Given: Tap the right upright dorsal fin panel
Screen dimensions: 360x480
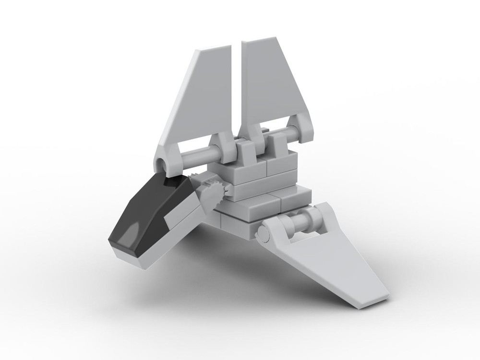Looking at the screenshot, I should tap(269, 86).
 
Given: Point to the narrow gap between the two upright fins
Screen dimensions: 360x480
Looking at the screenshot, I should tap(239, 86).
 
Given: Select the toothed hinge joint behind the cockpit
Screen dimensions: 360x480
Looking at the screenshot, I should tap(211, 190).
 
